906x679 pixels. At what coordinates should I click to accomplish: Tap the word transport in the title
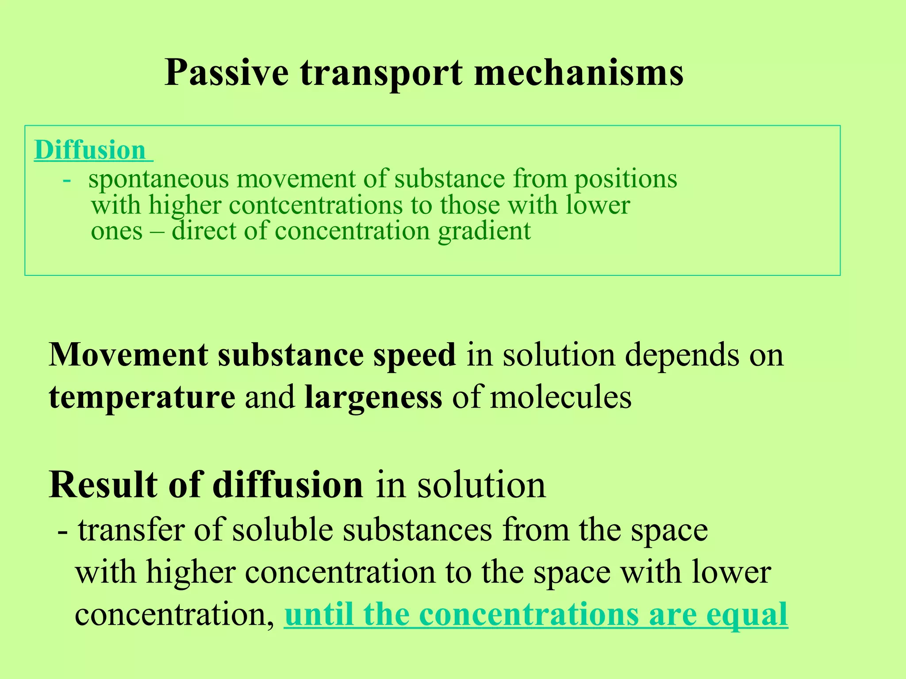tap(381, 73)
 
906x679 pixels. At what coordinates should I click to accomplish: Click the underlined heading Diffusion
tap(90, 150)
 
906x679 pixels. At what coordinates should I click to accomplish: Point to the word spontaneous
tap(158, 180)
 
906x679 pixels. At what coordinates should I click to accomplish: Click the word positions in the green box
tap(626, 180)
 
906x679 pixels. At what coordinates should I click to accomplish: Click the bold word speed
tap(414, 355)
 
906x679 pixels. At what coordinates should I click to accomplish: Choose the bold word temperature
tap(142, 397)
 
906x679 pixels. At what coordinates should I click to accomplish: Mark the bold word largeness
tap(373, 397)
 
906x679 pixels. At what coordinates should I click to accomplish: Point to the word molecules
tap(561, 397)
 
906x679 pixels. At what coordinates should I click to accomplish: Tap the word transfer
tap(131, 530)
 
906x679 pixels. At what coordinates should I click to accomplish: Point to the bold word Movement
tap(128, 355)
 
